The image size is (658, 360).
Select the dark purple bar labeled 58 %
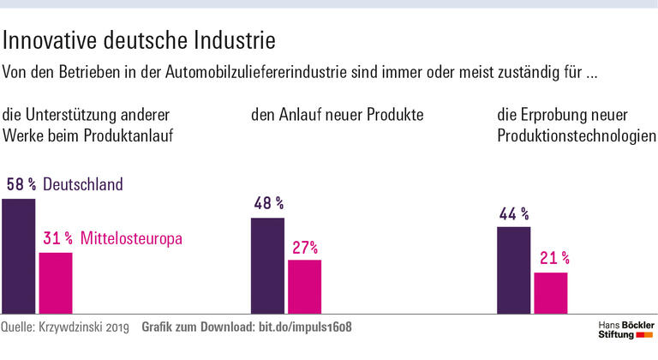point(18,256)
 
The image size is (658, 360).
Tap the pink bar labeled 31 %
point(56,283)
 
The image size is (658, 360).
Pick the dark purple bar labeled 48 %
point(267,266)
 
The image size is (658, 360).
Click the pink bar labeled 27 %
point(304,287)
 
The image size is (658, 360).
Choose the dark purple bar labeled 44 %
point(514,270)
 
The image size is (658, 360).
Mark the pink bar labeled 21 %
point(550,293)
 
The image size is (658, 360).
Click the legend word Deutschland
point(83,184)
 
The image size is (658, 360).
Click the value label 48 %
point(268,204)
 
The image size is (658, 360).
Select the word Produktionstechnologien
point(576,135)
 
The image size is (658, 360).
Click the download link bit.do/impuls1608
point(305,327)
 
